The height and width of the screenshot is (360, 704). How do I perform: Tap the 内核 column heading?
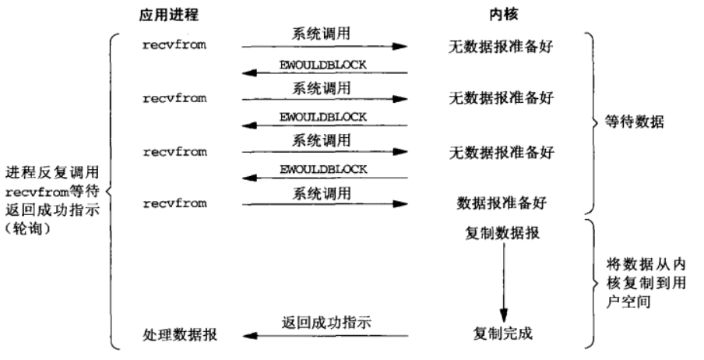(x=502, y=16)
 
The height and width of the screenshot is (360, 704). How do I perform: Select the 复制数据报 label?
(x=502, y=234)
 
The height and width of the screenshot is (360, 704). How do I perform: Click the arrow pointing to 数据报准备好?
(x=326, y=205)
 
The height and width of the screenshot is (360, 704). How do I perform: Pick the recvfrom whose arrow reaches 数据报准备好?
(x=174, y=204)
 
